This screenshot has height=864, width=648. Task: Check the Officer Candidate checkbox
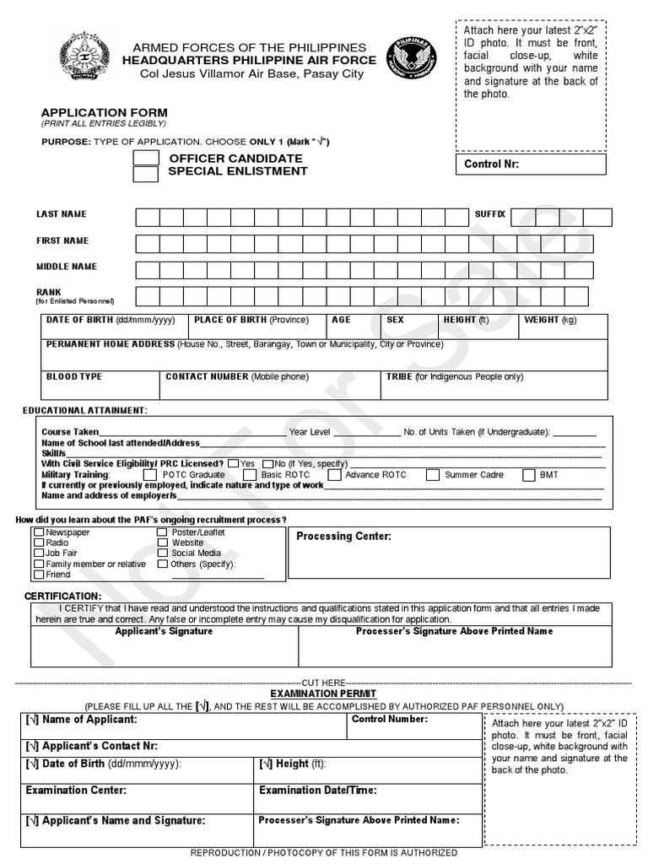click(x=146, y=159)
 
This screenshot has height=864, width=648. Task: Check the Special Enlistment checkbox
click(x=146, y=174)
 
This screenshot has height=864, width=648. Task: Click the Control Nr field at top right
click(x=531, y=164)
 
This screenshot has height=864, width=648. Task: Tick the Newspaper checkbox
click(x=39, y=533)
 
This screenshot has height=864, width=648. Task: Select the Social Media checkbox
click(x=162, y=553)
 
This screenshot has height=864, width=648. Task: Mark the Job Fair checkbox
click(x=39, y=553)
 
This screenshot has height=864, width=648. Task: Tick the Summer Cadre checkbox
click(x=432, y=475)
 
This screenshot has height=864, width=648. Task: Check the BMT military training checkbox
click(x=529, y=475)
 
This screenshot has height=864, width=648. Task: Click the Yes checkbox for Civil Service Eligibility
click(x=232, y=464)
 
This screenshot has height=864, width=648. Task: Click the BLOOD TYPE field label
click(x=74, y=376)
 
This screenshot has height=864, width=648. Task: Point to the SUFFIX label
click(x=489, y=214)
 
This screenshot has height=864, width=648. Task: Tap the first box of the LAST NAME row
click(x=148, y=218)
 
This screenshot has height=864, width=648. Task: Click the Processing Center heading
click(x=343, y=537)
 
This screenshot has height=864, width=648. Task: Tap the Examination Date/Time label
click(x=317, y=791)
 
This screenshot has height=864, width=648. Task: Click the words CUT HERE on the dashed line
click(x=323, y=682)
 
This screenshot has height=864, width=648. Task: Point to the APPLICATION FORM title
click(x=105, y=112)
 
